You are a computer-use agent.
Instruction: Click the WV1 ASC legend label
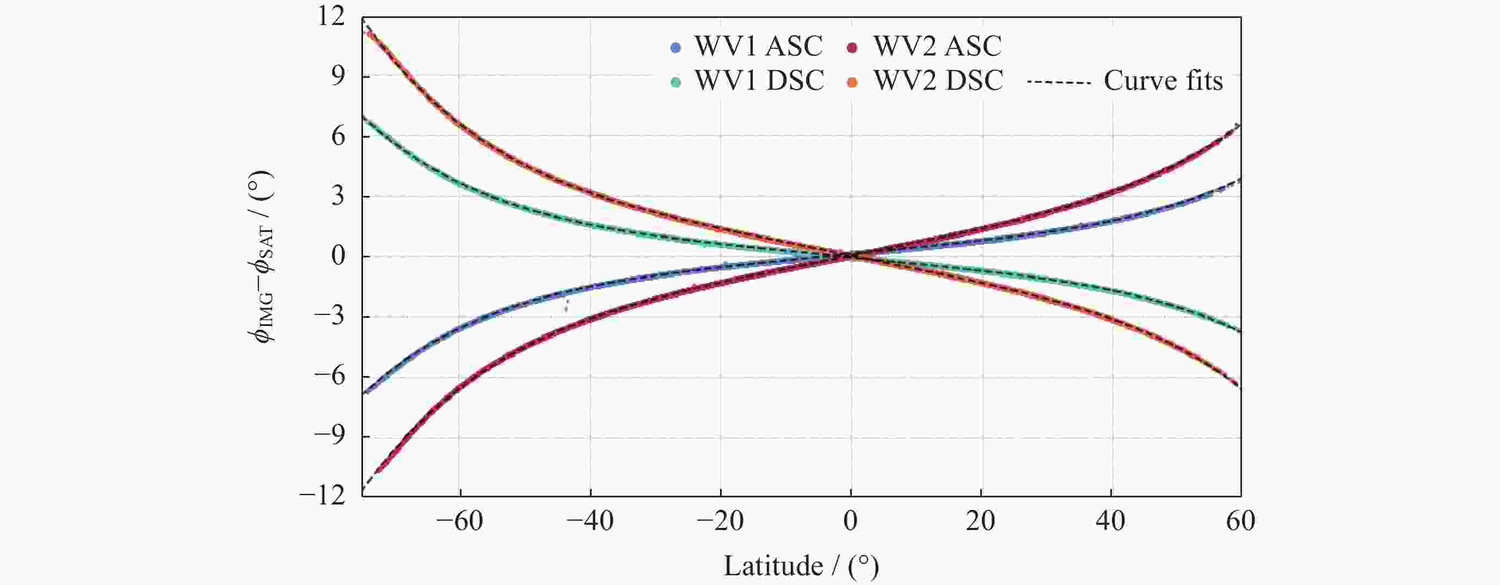(x=758, y=47)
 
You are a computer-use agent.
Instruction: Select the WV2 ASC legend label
(x=937, y=47)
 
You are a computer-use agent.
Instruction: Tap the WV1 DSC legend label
(x=759, y=81)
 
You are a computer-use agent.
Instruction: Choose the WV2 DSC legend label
(x=938, y=81)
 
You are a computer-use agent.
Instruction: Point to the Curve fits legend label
(x=1163, y=81)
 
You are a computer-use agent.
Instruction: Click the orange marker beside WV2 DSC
(x=852, y=82)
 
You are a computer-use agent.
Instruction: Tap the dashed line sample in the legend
(x=1059, y=82)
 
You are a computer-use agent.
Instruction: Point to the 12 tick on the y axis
(x=331, y=16)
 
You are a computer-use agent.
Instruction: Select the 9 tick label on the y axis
(x=338, y=76)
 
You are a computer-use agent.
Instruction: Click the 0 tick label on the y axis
(x=338, y=256)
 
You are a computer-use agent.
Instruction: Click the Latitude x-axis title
(x=801, y=566)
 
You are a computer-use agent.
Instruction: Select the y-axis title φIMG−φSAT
(x=263, y=256)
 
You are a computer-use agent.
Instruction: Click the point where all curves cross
(x=851, y=256)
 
